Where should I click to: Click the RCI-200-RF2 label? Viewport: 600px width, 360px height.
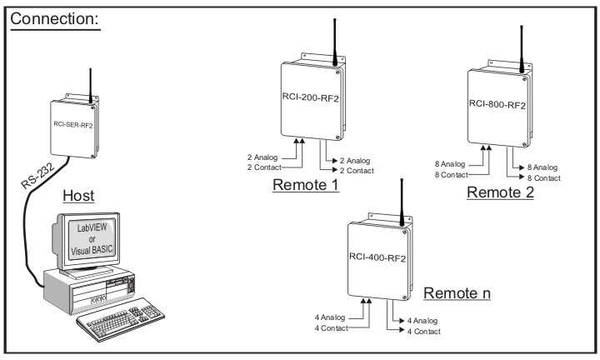coord(305,97)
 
